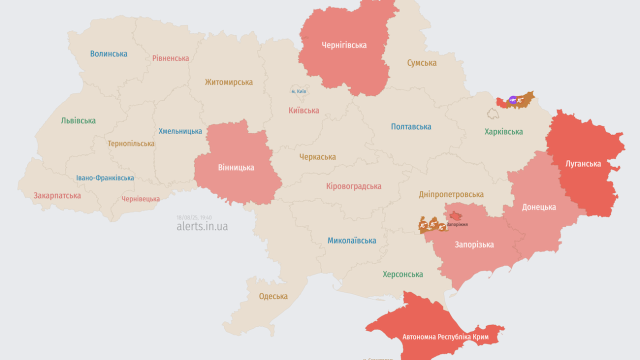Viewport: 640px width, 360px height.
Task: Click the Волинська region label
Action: (x=108, y=54)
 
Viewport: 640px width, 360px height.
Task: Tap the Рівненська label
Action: (x=170, y=58)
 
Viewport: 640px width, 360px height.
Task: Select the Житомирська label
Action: (x=228, y=82)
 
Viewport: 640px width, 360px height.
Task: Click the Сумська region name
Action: (x=421, y=63)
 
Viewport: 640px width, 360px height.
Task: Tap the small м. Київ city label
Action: (x=299, y=91)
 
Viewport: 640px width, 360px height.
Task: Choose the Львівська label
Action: (x=78, y=121)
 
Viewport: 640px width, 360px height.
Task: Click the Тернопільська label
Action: (x=131, y=144)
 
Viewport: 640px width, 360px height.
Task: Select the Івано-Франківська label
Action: (x=105, y=178)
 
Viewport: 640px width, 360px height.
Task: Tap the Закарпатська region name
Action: (x=57, y=196)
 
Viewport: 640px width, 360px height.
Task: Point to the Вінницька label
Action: (x=236, y=168)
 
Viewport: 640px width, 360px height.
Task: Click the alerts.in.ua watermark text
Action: (x=202, y=226)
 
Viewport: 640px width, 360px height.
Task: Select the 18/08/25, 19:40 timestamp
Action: (x=194, y=217)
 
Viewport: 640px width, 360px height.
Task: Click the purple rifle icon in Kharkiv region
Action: (x=512, y=100)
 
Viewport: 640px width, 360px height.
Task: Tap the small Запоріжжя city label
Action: (x=457, y=224)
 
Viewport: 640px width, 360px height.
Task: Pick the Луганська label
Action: (x=583, y=164)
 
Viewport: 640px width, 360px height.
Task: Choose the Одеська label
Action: (x=273, y=296)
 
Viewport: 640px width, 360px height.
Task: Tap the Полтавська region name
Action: (x=411, y=127)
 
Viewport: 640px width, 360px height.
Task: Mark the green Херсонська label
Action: (x=402, y=274)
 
